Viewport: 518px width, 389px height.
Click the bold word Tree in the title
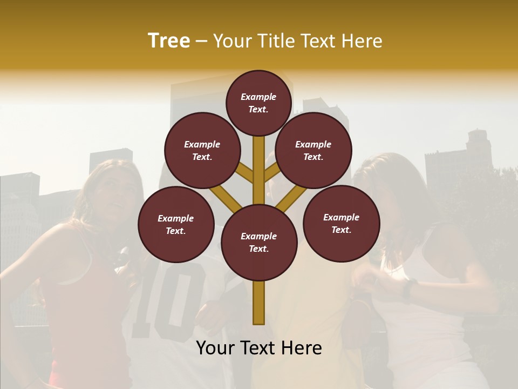169,41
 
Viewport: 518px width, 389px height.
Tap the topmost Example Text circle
258,103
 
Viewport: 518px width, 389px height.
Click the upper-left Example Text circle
202,151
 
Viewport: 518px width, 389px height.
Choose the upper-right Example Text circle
313,151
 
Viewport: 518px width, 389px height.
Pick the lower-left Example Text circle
176,225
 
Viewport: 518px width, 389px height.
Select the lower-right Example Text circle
342,224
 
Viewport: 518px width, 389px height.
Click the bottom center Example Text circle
259,243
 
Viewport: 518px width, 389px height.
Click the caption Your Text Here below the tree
259,348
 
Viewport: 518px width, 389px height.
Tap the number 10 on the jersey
167,303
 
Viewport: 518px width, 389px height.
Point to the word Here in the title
362,41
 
